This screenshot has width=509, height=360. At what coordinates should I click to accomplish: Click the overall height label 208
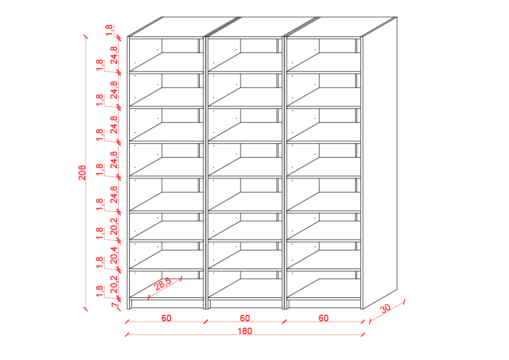(82, 173)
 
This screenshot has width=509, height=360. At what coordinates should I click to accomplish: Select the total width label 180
(245, 331)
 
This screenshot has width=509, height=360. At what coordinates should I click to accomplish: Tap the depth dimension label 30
(385, 308)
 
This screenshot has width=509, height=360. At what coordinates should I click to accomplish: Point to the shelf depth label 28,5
(163, 284)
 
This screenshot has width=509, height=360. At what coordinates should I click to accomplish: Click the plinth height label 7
(114, 305)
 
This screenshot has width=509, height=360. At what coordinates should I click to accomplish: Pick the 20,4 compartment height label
(114, 255)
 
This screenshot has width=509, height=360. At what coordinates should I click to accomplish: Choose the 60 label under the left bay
(166, 318)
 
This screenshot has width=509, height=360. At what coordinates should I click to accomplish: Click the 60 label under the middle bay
(245, 318)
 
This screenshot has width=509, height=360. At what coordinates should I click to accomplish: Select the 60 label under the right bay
(323, 318)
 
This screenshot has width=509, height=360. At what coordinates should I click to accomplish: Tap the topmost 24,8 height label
(114, 55)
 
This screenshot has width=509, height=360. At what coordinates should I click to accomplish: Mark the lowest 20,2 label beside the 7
(114, 284)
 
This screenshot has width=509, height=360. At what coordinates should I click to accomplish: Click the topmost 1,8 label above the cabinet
(109, 29)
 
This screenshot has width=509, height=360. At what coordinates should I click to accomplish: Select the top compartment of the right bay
(324, 55)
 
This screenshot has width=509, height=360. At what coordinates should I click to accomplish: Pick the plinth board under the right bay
(324, 304)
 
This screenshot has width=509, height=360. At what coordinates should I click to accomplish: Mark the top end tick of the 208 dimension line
(85, 36)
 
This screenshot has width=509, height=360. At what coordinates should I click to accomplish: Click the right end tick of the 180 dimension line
(363, 334)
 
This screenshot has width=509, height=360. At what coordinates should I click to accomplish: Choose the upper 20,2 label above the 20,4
(114, 226)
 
